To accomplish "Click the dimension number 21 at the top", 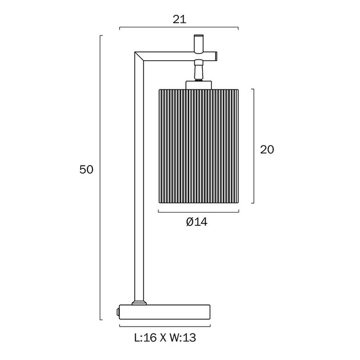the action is [179, 20].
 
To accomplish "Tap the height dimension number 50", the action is [86, 170].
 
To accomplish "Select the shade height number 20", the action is [267, 150].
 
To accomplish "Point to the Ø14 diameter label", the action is [197, 222].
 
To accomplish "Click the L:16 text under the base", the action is [146, 337].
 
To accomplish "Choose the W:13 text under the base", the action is [183, 337].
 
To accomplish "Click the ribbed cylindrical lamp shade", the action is [199, 146].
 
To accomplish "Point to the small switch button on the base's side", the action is [118, 312].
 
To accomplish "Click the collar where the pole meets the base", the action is [139, 302].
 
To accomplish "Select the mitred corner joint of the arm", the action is [139, 57].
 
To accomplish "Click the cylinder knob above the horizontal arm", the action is [199, 43].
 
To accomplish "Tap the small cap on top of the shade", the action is [199, 84].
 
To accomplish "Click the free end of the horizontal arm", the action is [216, 57].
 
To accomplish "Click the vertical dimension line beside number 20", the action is [254, 146].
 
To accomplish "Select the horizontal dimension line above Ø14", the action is [199, 212].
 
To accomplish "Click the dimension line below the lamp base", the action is [165, 326].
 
